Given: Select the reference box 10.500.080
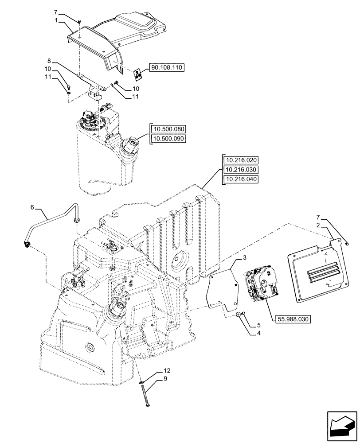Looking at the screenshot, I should coord(169,129).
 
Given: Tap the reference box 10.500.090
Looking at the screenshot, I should coord(169,139).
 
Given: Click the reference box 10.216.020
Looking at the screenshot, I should coord(240,160).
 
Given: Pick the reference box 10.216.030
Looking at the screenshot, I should coord(240,170).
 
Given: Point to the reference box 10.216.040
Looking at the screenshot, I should coord(240,179).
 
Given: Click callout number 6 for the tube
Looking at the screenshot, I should coord(32,207).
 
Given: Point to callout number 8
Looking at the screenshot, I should coord(49,60).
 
